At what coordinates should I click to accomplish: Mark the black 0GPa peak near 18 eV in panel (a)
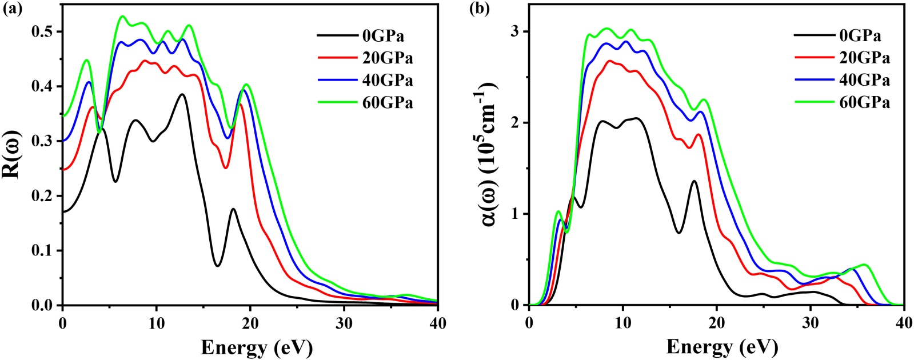pyautogui.click(x=233, y=209)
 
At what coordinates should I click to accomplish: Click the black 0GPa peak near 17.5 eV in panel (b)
pyautogui.click(x=695, y=181)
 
